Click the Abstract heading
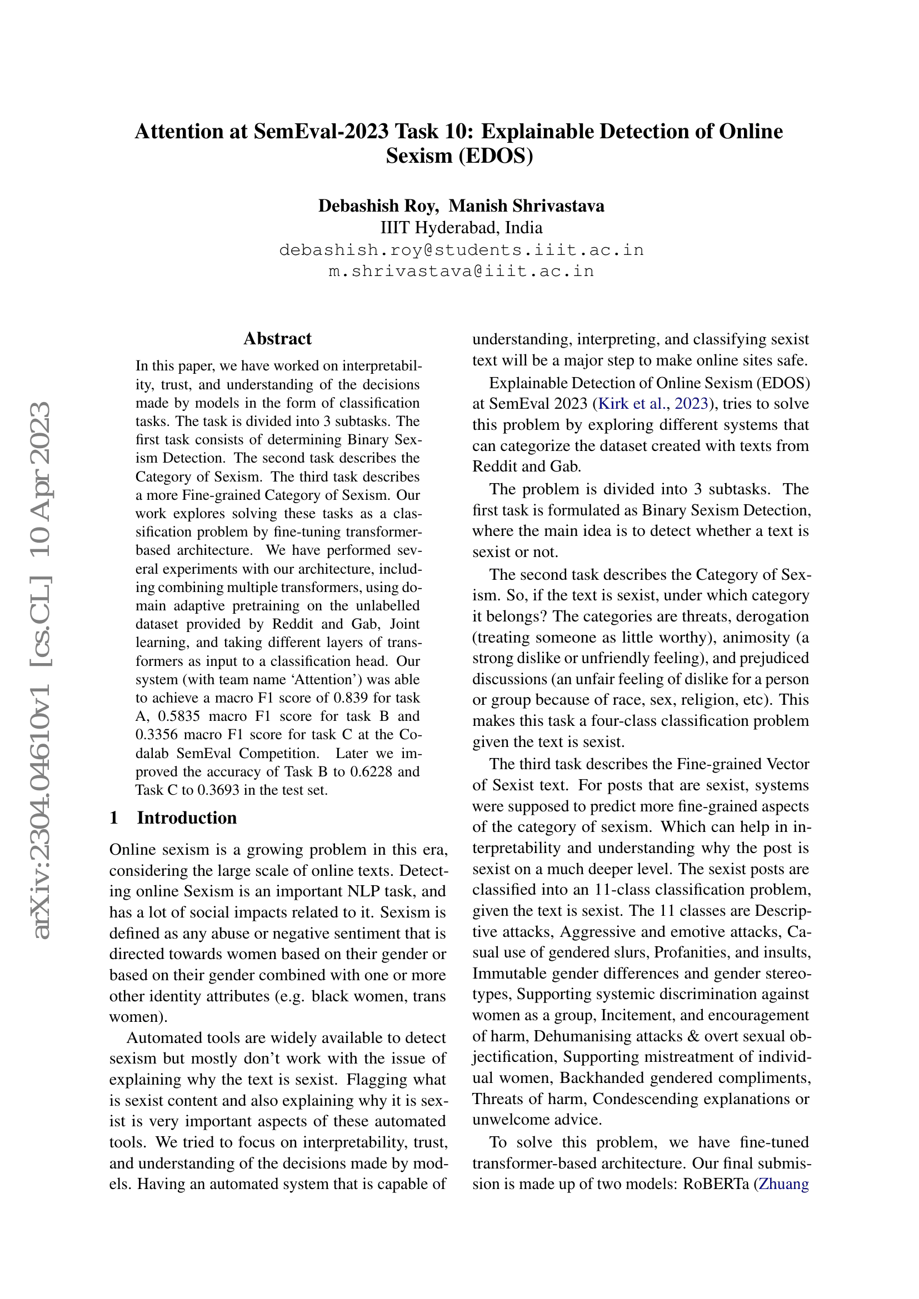point(277,338)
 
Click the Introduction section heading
point(186,817)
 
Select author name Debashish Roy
point(378,205)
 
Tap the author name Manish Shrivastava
point(526,205)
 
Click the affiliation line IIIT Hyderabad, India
point(461,228)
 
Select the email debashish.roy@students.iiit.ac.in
point(461,249)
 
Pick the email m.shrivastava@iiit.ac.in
point(461,271)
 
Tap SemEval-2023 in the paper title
point(321,131)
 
